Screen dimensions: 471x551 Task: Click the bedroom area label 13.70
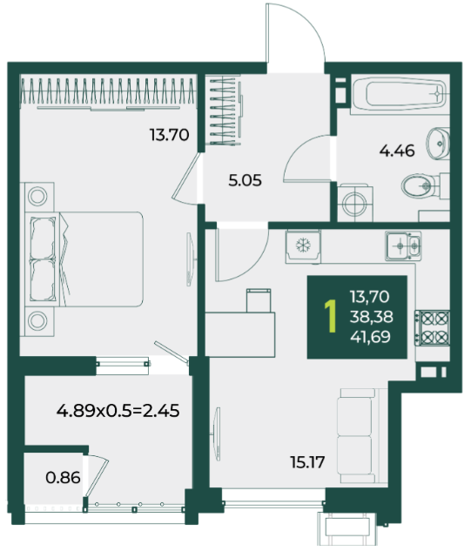170,135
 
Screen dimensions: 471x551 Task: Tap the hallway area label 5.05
245,181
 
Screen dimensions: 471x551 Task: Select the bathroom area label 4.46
397,151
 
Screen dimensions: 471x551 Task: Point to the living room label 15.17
307,462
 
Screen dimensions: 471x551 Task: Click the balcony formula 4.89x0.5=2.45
118,411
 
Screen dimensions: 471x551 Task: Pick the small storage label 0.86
63,478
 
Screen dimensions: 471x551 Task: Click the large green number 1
331,316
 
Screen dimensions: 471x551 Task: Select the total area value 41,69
371,337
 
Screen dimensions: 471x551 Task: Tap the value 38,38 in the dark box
372,317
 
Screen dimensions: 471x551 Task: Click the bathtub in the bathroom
400,94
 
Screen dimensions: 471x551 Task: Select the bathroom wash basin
438,144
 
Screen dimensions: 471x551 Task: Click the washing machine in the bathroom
355,203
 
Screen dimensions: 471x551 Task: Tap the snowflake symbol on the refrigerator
302,245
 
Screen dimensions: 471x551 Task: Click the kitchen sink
403,245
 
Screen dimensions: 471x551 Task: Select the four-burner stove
433,328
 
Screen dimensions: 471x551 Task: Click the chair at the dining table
259,300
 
